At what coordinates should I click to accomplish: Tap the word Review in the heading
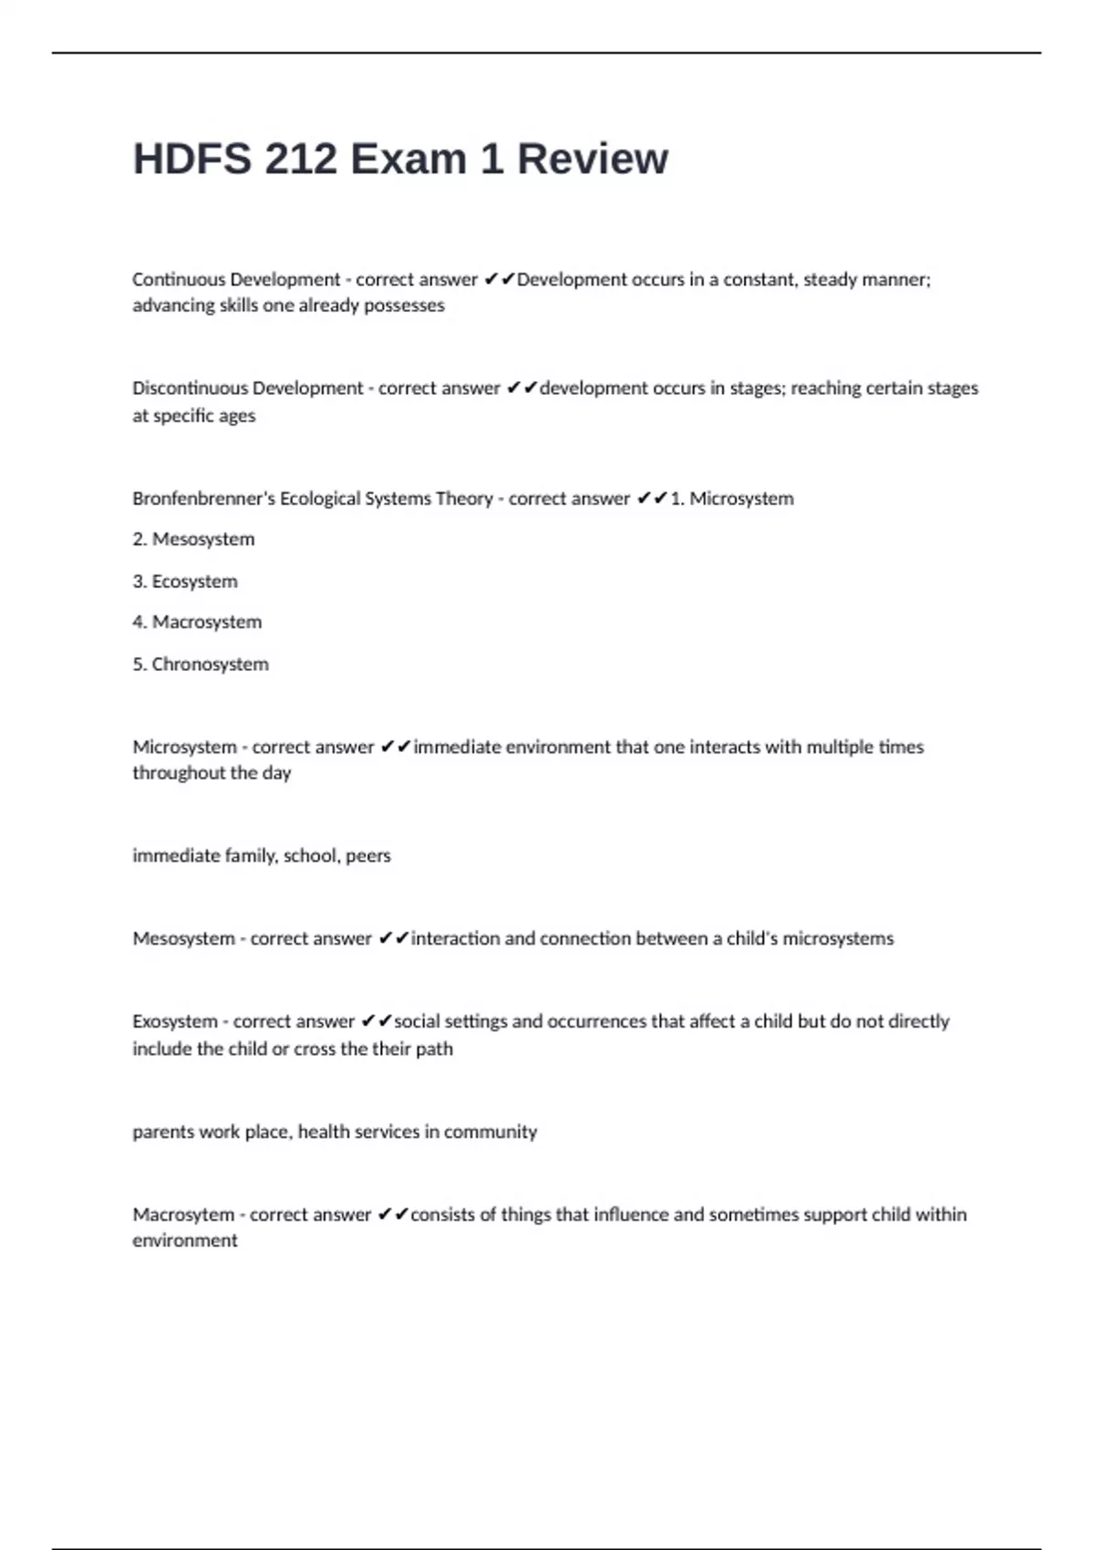(593, 160)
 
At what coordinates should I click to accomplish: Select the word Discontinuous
(190, 388)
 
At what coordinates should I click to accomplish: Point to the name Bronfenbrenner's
(202, 499)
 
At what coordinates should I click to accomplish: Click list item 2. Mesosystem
(193, 540)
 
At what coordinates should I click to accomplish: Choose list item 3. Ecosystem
(185, 582)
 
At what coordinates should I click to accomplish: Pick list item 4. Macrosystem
(197, 623)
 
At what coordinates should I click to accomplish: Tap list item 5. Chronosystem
(201, 665)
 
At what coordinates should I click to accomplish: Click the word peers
(368, 856)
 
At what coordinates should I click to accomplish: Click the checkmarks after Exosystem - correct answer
(377, 1022)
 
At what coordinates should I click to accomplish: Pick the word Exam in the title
(408, 160)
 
